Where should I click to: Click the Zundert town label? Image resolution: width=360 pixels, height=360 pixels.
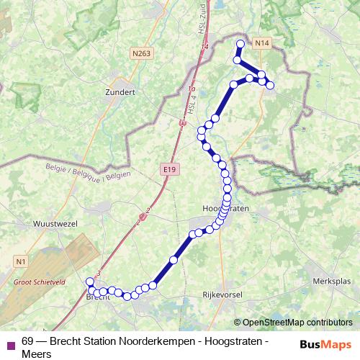tap(120, 92)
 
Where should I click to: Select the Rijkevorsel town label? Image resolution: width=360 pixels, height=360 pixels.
tap(224, 294)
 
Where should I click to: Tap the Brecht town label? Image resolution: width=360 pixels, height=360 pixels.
tap(99, 297)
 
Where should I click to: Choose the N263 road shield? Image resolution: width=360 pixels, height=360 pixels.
tap(141, 53)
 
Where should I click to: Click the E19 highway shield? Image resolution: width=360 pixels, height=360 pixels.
tap(168, 168)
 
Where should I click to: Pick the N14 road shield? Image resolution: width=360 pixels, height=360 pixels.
tap(262, 44)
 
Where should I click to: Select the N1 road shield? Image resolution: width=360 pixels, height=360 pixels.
tap(20, 260)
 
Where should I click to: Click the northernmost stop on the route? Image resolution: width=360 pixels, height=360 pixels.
tap(240, 44)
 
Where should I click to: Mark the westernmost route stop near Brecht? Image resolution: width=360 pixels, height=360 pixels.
tap(90, 282)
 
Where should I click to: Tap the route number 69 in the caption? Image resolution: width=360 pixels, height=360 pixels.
tap(27, 341)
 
